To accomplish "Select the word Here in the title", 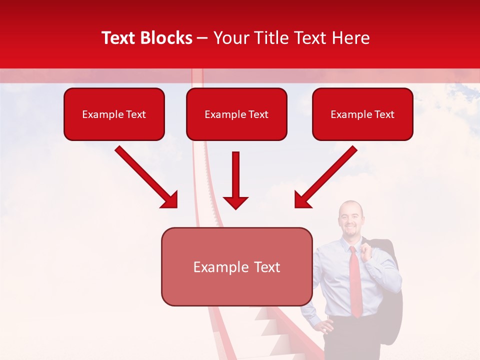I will coord(352,38).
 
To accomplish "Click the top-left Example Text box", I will coord(114,114).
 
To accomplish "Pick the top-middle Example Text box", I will coord(236,114).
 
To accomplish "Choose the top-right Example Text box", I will coord(362,114).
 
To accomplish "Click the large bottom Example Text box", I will coord(236,266).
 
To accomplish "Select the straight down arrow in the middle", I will coord(235,180).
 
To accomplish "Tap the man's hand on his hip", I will coord(325,327).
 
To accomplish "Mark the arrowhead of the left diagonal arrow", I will coord(170,200).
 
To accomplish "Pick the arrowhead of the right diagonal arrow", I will coord(302,200).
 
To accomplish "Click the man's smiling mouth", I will coord(350,230).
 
